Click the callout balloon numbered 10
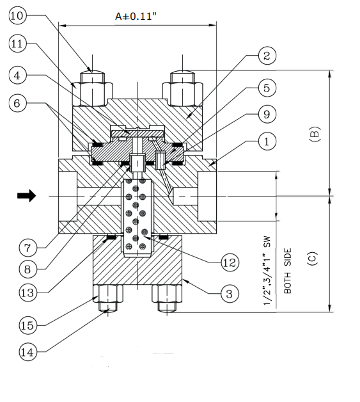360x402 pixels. pos(17,15)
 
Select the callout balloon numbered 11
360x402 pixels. pos(17,44)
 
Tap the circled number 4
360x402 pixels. pos(17,76)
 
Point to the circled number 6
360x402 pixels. pos(17,103)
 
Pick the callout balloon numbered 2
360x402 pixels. pos(267,56)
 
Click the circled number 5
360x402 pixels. pos(267,88)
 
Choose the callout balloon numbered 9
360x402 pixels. pos(267,114)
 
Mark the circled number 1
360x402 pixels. pos(267,141)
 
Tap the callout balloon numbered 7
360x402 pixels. pos(27,248)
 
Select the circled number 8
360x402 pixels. pos(27,269)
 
